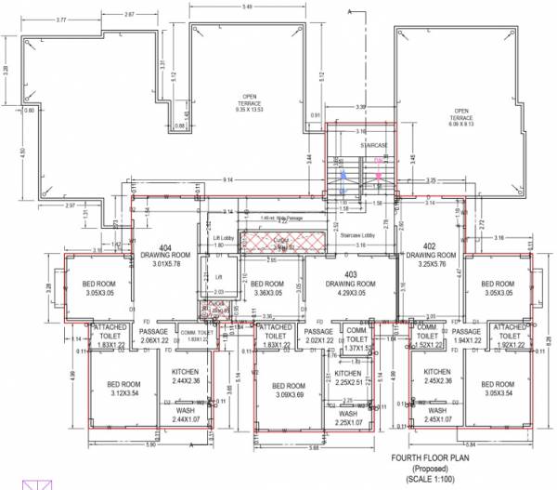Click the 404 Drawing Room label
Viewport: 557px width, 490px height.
point(164,254)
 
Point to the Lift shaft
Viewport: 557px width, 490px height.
point(219,277)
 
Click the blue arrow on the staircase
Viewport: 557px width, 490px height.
point(343,175)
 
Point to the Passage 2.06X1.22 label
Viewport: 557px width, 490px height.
point(152,337)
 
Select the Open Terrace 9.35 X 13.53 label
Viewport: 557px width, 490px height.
point(250,103)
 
